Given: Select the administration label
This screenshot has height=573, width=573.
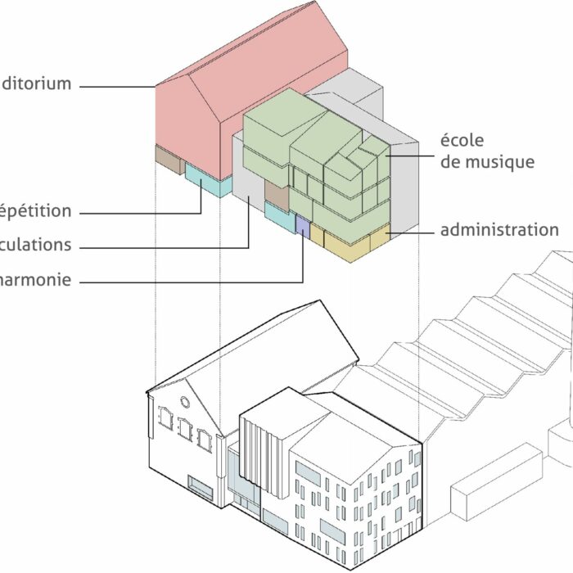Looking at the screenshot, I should click(499, 230).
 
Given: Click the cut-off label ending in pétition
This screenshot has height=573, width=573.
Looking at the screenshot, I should click(35, 211).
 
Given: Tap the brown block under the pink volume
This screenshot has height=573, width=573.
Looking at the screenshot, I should click(169, 160).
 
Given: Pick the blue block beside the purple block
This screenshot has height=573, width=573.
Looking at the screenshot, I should click(277, 215).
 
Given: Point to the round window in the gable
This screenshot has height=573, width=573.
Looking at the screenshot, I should click(185, 403).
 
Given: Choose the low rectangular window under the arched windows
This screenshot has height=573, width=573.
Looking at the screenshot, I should click(200, 485).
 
